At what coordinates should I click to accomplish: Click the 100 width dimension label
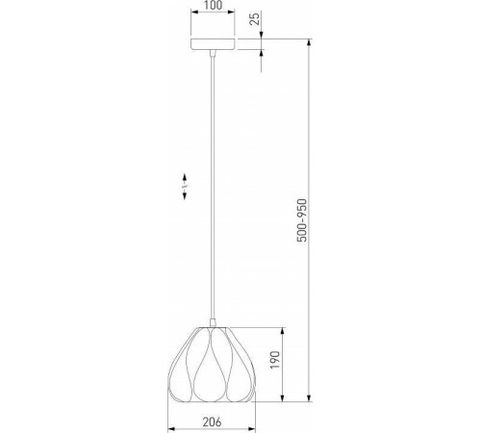[213, 5]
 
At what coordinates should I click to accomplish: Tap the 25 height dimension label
[255, 19]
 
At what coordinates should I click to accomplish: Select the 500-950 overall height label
[302, 220]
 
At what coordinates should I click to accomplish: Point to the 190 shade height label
[275, 360]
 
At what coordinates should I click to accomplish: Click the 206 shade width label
[212, 422]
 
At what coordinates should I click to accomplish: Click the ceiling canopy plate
[213, 44]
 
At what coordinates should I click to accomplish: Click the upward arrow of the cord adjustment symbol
[185, 177]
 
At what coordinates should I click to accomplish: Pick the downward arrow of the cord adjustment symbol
[185, 195]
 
